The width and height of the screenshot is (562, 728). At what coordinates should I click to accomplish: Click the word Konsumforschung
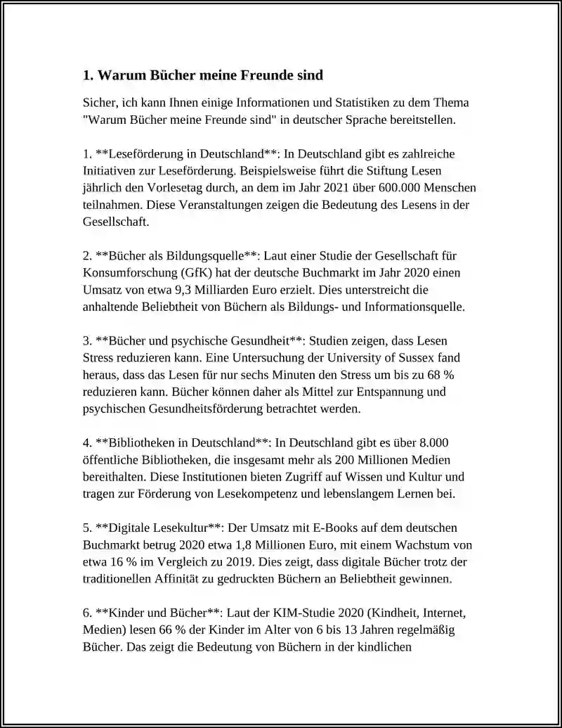(129, 273)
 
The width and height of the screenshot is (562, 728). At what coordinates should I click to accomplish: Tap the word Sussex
(442, 358)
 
